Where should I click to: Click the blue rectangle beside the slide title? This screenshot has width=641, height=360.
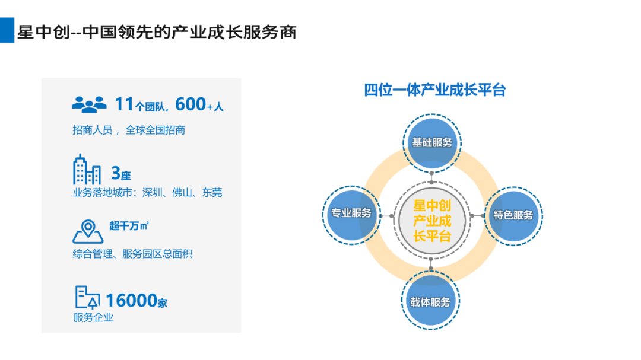click(x=7, y=30)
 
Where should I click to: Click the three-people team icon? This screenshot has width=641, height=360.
click(x=89, y=104)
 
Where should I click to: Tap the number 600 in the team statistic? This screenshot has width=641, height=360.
click(x=190, y=104)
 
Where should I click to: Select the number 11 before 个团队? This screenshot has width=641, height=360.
click(x=124, y=104)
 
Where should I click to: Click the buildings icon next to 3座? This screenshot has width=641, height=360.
click(x=87, y=170)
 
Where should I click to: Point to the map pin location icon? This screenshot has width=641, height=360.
click(x=88, y=232)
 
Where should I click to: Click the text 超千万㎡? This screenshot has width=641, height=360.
click(x=129, y=225)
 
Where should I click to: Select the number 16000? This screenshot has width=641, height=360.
click(x=131, y=301)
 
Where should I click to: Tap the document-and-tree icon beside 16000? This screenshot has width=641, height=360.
click(x=87, y=297)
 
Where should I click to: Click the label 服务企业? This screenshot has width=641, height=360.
click(x=93, y=317)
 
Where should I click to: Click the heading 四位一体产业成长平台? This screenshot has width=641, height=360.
click(x=435, y=90)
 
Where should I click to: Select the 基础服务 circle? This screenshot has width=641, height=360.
click(x=432, y=143)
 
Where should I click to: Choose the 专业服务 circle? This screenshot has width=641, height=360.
click(x=351, y=215)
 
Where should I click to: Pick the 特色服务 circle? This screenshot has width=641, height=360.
click(x=513, y=216)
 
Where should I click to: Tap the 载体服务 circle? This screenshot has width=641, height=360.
click(x=430, y=300)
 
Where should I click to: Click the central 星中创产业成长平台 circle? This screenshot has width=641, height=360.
click(x=432, y=221)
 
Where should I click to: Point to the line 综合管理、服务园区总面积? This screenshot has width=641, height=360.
click(x=132, y=254)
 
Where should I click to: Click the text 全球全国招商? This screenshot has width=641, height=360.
click(x=156, y=130)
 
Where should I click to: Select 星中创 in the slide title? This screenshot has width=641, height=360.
click(x=44, y=32)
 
